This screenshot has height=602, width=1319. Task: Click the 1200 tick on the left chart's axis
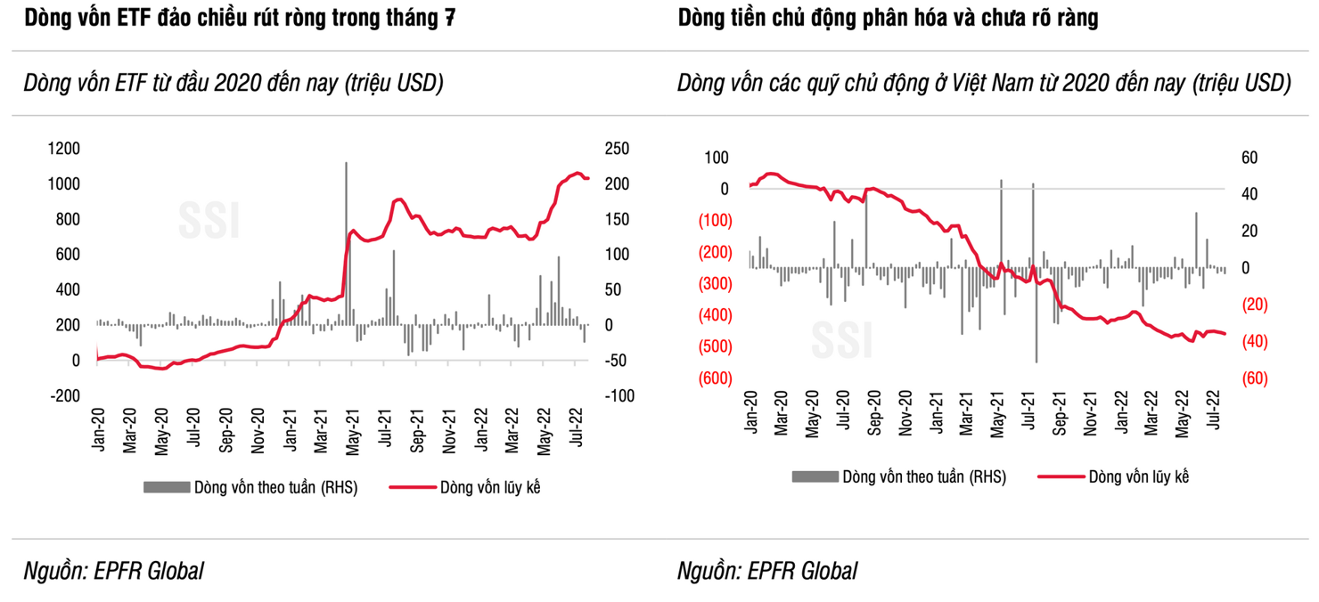point(63,149)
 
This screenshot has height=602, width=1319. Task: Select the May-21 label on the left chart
point(354,433)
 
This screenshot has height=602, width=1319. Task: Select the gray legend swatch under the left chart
point(166,487)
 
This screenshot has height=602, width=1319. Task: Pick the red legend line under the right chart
point(1061,477)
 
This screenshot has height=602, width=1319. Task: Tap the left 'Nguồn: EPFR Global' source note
point(114,571)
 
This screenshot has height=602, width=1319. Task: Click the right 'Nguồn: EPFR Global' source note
point(767,571)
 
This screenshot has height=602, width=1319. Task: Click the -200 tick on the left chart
point(67,395)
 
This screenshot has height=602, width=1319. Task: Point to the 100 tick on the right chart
point(717,158)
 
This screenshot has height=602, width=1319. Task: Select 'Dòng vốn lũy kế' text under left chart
point(489,487)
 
